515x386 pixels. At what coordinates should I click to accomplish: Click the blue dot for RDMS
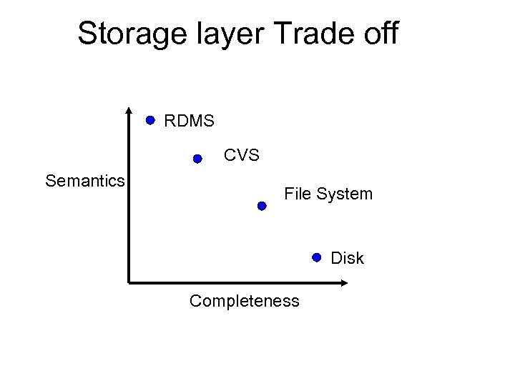[151, 121]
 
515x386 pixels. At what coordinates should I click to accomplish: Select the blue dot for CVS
[197, 159]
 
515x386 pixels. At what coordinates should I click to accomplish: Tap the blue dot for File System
[262, 206]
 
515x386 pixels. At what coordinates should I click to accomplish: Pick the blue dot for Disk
[317, 257]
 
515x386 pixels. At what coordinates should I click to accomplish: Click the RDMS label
[189, 122]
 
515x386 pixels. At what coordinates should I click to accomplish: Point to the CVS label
[242, 155]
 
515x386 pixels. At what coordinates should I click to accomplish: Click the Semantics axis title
[85, 181]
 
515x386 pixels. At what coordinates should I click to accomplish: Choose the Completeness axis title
[245, 301]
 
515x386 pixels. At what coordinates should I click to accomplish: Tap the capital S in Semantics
[50, 181]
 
